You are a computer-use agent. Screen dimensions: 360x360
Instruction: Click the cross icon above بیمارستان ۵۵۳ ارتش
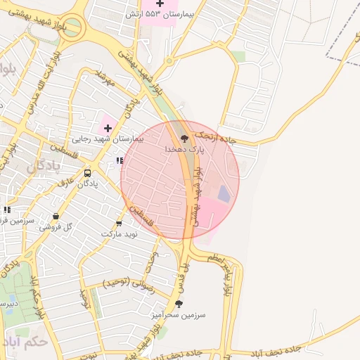pos(160,4)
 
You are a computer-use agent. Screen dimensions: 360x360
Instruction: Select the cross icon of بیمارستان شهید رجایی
pos(108,128)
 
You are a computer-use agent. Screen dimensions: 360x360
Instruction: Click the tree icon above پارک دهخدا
pos(184,139)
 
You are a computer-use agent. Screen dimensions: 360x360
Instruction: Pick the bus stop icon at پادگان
pos(88,173)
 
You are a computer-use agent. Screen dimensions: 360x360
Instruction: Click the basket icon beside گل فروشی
pos(56,217)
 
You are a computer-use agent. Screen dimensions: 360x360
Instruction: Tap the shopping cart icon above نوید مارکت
pos(118,223)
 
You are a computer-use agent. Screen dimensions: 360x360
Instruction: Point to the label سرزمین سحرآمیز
pos(178,316)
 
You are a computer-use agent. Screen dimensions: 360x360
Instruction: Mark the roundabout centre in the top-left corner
pos(72,30)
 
